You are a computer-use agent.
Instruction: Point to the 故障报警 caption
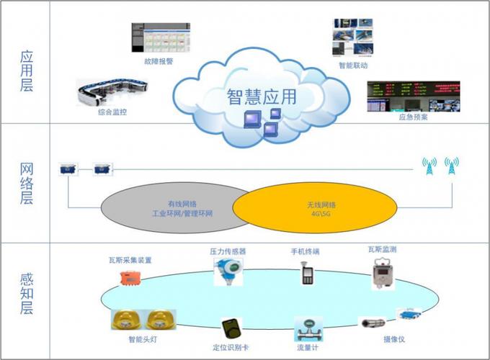pos(159,61)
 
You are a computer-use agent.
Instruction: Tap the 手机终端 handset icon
pos(305,274)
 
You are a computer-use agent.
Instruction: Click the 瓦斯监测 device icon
pos(381,274)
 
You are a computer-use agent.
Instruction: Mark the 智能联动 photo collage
pos(352,37)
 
